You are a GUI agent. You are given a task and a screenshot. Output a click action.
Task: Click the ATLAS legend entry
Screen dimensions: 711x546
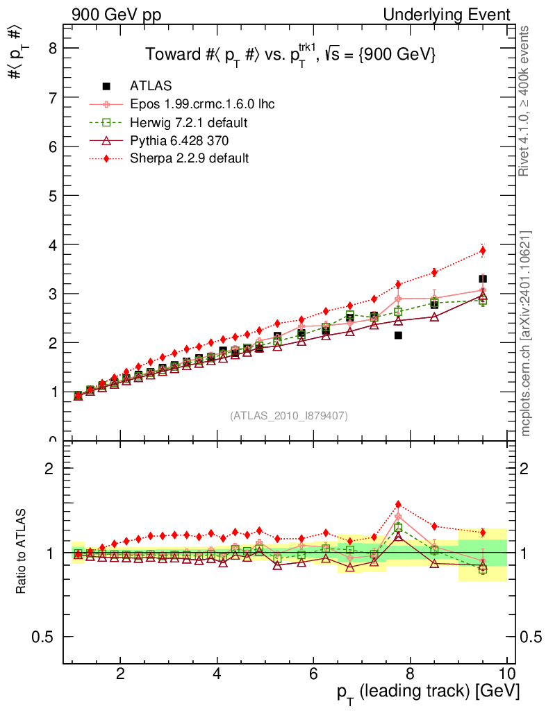pos(151,86)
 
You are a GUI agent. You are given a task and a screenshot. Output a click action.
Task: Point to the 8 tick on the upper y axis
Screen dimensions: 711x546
pos(51,48)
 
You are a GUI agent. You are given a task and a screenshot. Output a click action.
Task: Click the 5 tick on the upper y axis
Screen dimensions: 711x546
pos(51,196)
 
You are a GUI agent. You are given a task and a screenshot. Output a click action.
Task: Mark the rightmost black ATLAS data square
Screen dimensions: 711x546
pos(483,279)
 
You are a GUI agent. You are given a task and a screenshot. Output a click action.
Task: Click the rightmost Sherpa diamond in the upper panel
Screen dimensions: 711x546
pos(483,251)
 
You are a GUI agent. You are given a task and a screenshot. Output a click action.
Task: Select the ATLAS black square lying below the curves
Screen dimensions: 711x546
pos(398,335)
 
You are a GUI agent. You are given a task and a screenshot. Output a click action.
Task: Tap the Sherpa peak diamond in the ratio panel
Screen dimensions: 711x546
pos(398,504)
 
